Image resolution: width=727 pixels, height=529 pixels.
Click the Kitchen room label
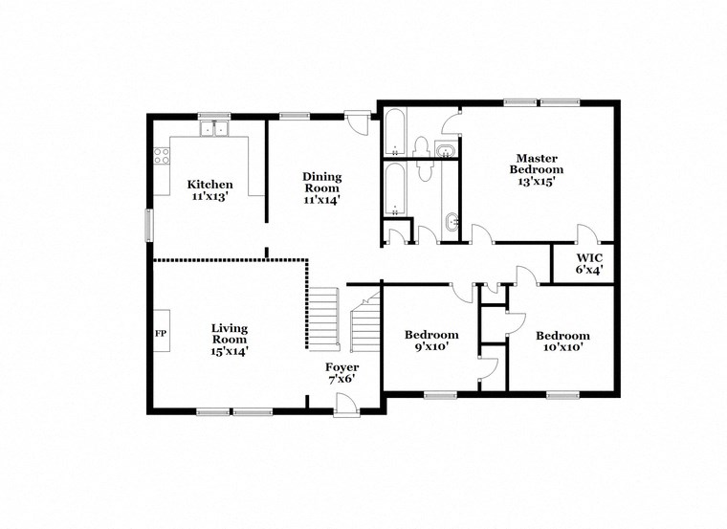(x=209, y=185)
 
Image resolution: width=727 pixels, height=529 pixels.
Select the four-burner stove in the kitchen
(x=162, y=154)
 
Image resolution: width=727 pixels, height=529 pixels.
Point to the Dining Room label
(x=321, y=182)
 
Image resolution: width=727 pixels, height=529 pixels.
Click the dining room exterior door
(x=357, y=122)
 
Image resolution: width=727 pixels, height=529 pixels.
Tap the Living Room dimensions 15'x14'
(x=229, y=351)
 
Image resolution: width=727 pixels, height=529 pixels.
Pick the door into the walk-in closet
(x=585, y=235)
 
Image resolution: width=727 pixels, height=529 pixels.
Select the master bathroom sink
(x=446, y=150)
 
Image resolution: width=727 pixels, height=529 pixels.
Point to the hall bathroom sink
(x=452, y=223)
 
